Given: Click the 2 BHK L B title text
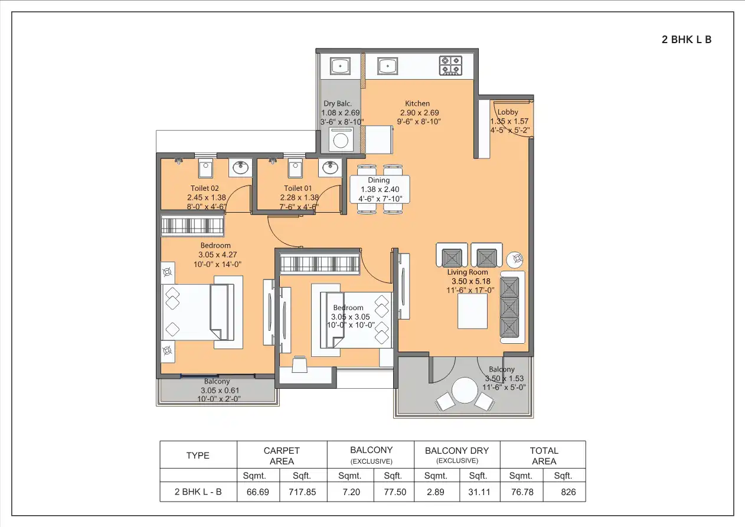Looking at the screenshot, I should click(x=687, y=40).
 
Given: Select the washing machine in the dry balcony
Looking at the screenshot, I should click(x=341, y=140).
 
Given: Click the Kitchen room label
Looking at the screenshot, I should click(x=417, y=103).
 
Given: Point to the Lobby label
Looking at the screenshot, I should click(x=508, y=112).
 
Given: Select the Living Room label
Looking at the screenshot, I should click(x=468, y=272).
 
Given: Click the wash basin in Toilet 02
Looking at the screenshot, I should click(x=240, y=168).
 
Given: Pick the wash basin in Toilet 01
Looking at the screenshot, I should click(x=330, y=168).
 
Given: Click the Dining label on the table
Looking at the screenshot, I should click(x=378, y=180).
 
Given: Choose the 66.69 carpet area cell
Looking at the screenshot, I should click(x=258, y=492).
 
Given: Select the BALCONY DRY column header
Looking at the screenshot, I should click(x=457, y=450).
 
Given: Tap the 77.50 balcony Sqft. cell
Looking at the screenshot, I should click(x=393, y=492).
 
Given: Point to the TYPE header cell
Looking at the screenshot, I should click(x=198, y=456).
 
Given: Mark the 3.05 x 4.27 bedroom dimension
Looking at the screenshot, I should click(x=216, y=255).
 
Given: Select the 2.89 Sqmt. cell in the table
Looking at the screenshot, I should click(x=436, y=492).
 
